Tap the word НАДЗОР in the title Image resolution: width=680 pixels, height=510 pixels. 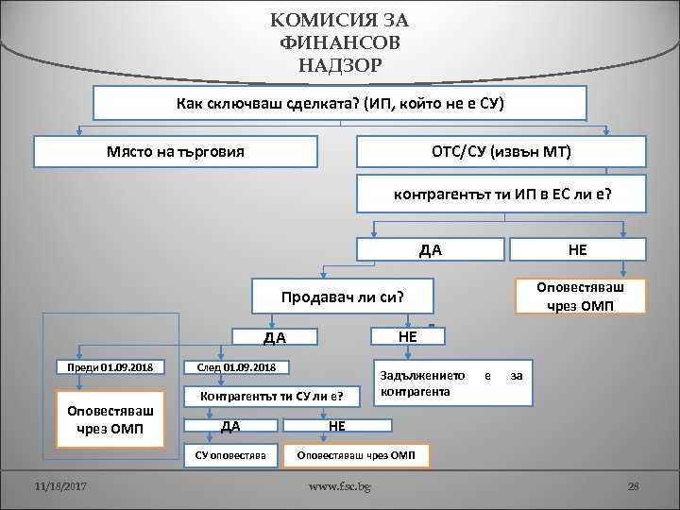coord(340,65)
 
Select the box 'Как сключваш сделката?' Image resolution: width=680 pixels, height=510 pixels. coord(341,103)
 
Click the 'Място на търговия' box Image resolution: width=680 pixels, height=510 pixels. coord(176,151)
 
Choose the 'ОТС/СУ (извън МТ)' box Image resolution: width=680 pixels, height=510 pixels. coord(501,151)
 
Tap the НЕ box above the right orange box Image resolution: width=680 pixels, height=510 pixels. coord(577,249)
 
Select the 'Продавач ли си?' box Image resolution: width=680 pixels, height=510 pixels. coord(342,297)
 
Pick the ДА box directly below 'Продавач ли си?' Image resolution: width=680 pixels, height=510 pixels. coord(275,337)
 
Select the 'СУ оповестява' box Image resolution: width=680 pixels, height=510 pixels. coord(229,455)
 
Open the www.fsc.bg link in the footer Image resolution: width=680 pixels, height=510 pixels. coord(340,486)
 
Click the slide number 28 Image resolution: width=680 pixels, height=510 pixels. coord(634,486)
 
